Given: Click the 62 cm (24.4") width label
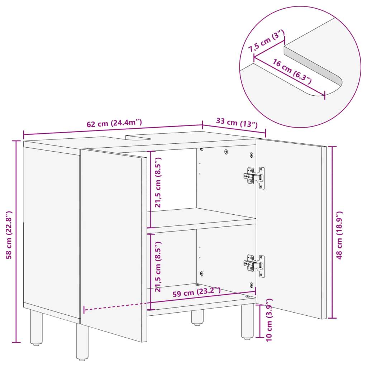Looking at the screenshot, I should coord(114,123).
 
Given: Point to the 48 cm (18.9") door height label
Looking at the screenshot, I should coord(340,235).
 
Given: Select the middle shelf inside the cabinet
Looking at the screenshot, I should coord(201,218).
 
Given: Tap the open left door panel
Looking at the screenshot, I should coord(113,244).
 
